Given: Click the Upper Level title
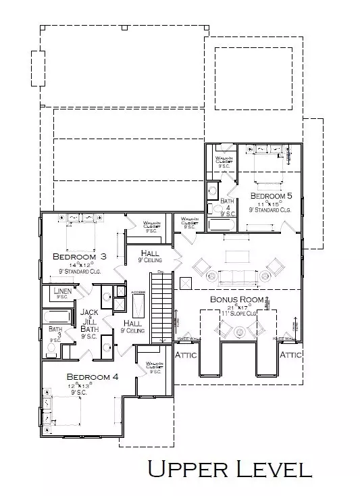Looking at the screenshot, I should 230,468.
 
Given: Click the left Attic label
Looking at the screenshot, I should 186,355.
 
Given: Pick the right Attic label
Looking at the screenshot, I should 291,354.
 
